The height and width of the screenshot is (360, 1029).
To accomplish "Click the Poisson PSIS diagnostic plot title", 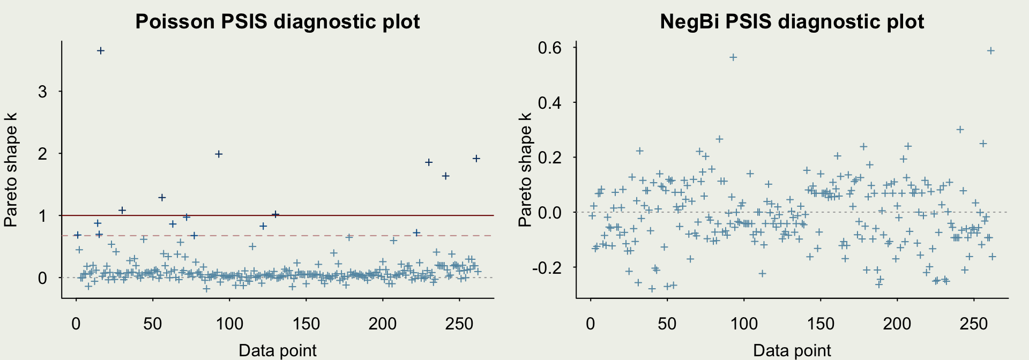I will point(277,21).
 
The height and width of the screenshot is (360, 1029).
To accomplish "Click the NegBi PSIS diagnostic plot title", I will point(792,21).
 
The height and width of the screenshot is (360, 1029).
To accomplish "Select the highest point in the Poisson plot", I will point(100,51).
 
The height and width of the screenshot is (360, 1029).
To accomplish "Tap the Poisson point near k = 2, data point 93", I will point(219,154).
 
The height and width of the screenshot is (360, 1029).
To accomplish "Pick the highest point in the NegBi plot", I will point(991,51).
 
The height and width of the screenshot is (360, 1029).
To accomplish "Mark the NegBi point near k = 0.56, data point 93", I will point(733,57).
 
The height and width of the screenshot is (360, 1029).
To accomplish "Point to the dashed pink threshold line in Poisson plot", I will point(322,235).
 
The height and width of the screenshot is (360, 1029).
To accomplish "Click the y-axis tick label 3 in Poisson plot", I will point(42,92).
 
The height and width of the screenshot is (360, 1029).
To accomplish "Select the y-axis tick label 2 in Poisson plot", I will point(42,154).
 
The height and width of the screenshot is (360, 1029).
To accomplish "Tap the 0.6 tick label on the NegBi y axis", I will point(549,48).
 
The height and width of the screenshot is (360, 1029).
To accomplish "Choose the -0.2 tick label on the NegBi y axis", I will point(547,267).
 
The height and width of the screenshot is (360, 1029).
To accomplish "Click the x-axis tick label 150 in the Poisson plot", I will point(306,324).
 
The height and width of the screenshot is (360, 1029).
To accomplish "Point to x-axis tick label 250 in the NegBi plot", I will point(974,324).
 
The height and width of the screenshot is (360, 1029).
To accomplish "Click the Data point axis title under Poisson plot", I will point(277,350).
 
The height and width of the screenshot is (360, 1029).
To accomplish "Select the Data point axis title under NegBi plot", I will point(792,350).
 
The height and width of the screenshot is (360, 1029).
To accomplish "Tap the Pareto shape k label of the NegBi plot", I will point(525,169).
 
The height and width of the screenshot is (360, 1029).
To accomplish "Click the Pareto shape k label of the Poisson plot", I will point(11,169).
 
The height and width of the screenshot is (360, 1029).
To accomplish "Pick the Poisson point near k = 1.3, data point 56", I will point(162,198).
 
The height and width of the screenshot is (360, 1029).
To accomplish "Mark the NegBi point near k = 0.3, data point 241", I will point(960,130).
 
